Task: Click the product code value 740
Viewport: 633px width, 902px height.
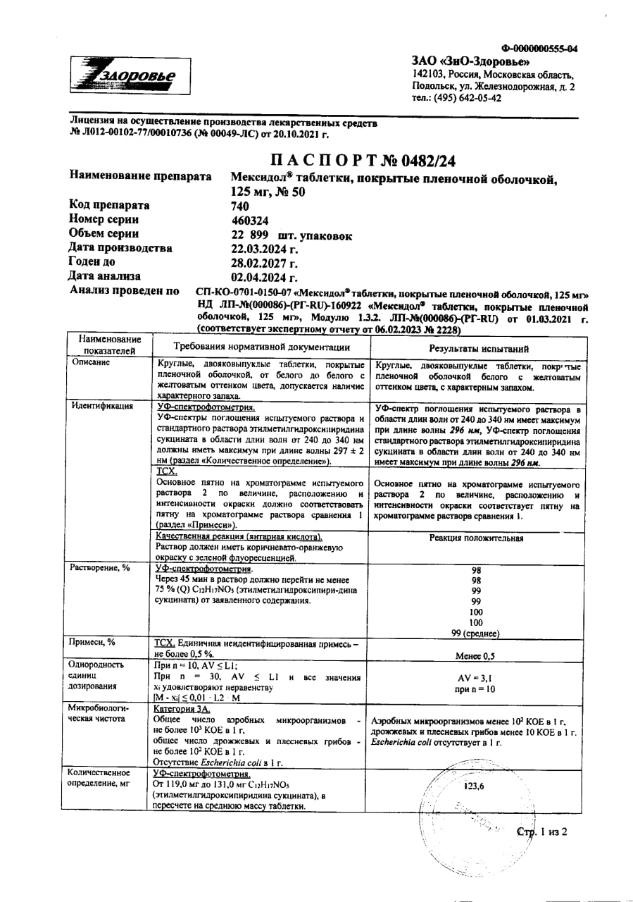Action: (x=241, y=206)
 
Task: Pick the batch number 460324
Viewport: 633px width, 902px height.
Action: (x=249, y=221)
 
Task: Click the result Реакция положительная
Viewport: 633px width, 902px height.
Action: (x=476, y=539)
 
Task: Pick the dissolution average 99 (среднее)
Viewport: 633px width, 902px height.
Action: (x=476, y=633)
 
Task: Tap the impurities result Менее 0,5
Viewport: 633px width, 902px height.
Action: (x=476, y=655)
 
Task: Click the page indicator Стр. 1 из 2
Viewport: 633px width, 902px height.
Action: (x=542, y=832)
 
